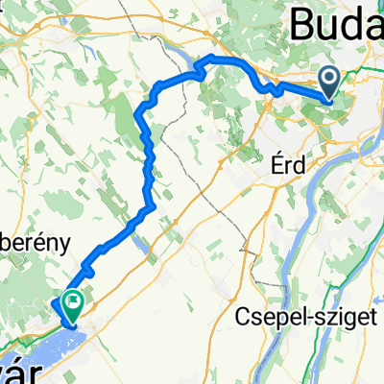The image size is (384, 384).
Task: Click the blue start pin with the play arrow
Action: point(328,83)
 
